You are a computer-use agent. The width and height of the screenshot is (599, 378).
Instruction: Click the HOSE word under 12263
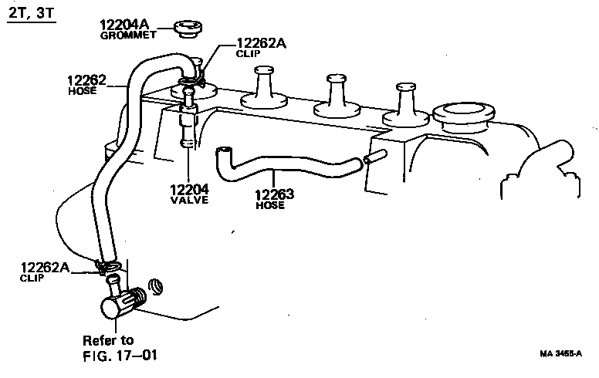(270, 206)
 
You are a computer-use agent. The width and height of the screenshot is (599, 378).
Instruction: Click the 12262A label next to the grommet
(261, 43)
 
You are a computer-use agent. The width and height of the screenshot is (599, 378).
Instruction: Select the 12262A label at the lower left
(45, 267)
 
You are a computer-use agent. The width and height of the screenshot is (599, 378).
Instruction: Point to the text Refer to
(108, 340)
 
